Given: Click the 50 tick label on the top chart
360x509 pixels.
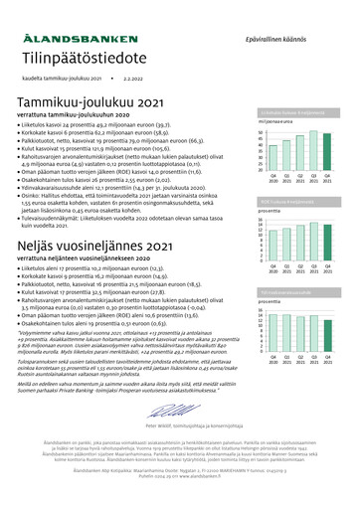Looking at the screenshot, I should (x=261, y=132).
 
